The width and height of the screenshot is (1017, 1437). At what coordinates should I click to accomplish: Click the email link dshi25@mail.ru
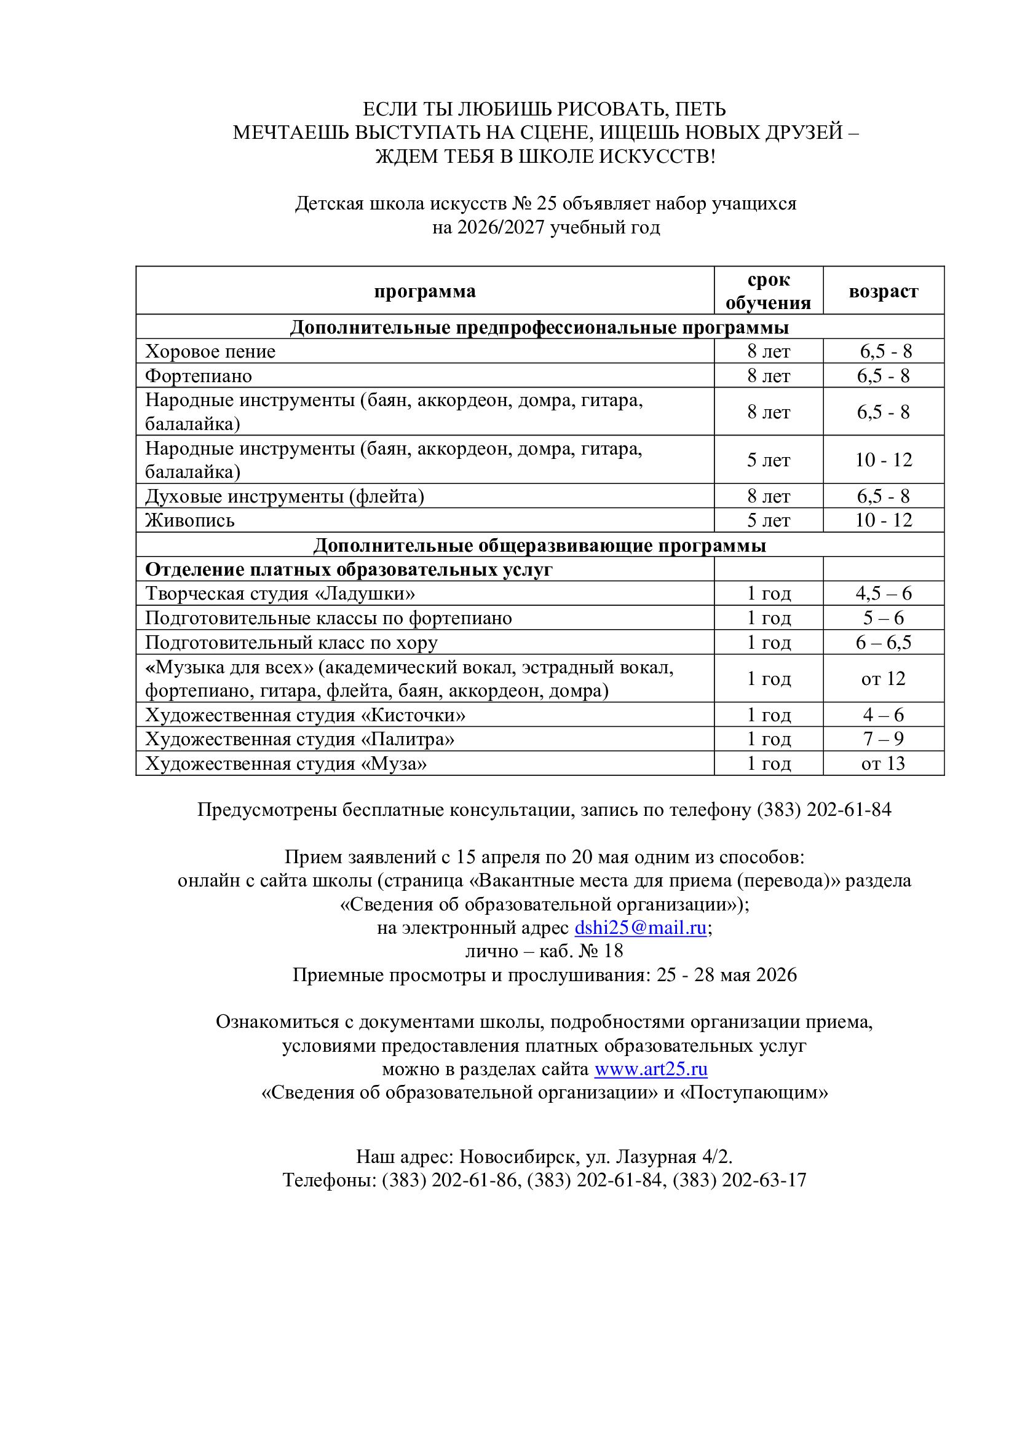click(640, 928)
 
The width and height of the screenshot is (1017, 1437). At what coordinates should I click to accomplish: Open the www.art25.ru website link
click(651, 1069)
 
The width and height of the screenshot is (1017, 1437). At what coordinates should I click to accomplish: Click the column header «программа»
click(425, 291)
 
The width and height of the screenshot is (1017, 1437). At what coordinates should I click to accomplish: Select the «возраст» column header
click(883, 291)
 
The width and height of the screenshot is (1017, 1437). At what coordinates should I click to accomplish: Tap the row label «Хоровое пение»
click(210, 351)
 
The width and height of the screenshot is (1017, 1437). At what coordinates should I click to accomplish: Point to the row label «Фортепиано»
click(198, 375)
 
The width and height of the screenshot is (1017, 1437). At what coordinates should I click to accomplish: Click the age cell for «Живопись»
click(883, 520)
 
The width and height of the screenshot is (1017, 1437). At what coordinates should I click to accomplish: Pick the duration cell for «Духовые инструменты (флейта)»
click(769, 496)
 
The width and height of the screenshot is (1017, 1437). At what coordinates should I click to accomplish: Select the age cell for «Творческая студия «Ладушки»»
click(883, 593)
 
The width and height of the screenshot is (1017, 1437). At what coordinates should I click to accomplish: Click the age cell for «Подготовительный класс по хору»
click(883, 642)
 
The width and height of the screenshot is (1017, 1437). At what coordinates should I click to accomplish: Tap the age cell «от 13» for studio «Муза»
click(883, 764)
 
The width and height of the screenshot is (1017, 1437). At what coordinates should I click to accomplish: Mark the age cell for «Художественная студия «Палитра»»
click(883, 739)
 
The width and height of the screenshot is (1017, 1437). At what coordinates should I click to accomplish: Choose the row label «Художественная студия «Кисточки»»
click(305, 715)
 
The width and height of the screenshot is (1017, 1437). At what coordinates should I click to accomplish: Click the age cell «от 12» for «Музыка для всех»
click(883, 678)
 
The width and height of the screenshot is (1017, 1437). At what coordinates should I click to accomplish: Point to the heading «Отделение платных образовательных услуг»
click(348, 570)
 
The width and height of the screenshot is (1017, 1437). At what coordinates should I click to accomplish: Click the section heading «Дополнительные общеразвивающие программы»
click(540, 545)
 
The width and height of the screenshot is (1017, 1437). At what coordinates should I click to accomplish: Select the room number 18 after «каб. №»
click(613, 950)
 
